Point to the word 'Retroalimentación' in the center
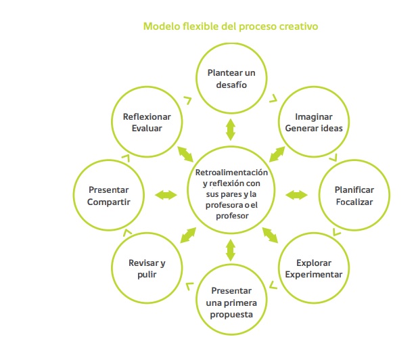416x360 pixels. click(x=231, y=173)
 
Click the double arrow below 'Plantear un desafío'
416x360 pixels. click(x=231, y=129)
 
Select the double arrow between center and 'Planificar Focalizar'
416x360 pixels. click(x=296, y=195)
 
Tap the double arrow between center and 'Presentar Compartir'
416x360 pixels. click(x=166, y=195)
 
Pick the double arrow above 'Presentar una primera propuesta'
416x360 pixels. click(x=231, y=250)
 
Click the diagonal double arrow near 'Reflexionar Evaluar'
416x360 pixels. click(x=185, y=154)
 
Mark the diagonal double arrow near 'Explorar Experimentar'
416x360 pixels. click(x=270, y=235)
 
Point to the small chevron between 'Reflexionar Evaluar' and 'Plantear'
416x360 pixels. click(x=189, y=99)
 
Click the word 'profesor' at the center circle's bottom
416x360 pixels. click(x=232, y=216)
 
